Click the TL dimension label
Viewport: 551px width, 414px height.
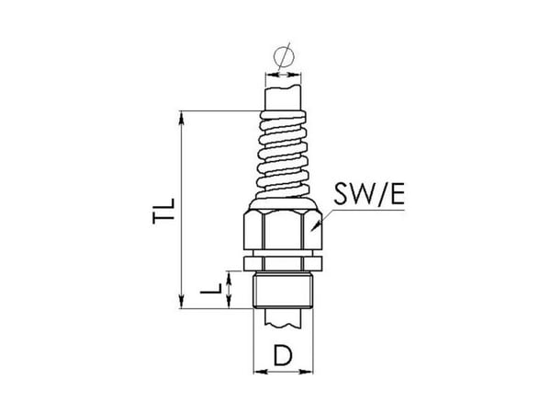(x=163, y=212)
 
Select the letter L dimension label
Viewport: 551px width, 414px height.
(x=211, y=289)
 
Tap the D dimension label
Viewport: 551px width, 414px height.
(x=283, y=355)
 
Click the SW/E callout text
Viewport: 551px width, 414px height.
(x=369, y=194)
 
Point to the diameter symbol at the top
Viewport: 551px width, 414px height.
(x=284, y=56)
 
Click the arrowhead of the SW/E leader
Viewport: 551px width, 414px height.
(x=316, y=225)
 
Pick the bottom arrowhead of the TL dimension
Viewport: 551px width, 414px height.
(x=181, y=302)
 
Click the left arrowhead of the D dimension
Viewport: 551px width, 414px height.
(x=260, y=372)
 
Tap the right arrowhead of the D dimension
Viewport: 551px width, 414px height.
(x=306, y=372)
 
